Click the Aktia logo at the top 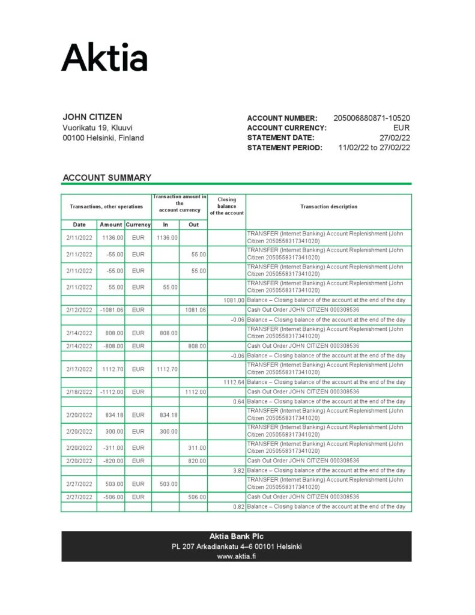coord(104,58)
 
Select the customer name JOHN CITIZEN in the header coord(92,117)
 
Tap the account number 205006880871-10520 coord(371,118)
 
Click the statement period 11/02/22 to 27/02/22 coord(374,148)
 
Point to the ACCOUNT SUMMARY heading coord(107,178)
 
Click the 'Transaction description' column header coord(328,207)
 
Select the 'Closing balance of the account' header coord(226,206)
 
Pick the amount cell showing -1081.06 coord(112,310)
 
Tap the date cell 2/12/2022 coord(79,310)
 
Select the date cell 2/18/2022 coord(79,392)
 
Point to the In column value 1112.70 coord(166,369)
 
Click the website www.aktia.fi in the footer coord(236,556)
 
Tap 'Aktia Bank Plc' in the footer coord(236,536)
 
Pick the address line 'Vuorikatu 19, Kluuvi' coord(97,128)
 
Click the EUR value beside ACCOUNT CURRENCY coord(401,128)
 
